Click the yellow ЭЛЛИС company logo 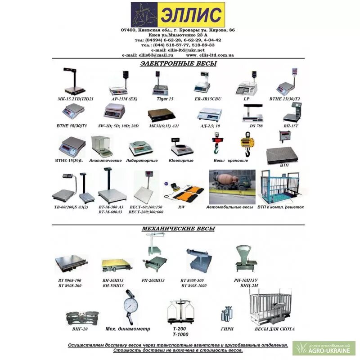click(x=178, y=14)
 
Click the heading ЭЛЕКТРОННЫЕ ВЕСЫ click(x=178, y=63)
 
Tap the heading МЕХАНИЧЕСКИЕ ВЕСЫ click(x=178, y=229)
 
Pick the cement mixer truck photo click(x=232, y=186)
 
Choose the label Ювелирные click(x=182, y=160)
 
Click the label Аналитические click(x=106, y=160)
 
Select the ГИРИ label click(x=227, y=329)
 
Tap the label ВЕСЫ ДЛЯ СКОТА click(x=274, y=329)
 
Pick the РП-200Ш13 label click(x=153, y=280)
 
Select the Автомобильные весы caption click(x=229, y=207)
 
